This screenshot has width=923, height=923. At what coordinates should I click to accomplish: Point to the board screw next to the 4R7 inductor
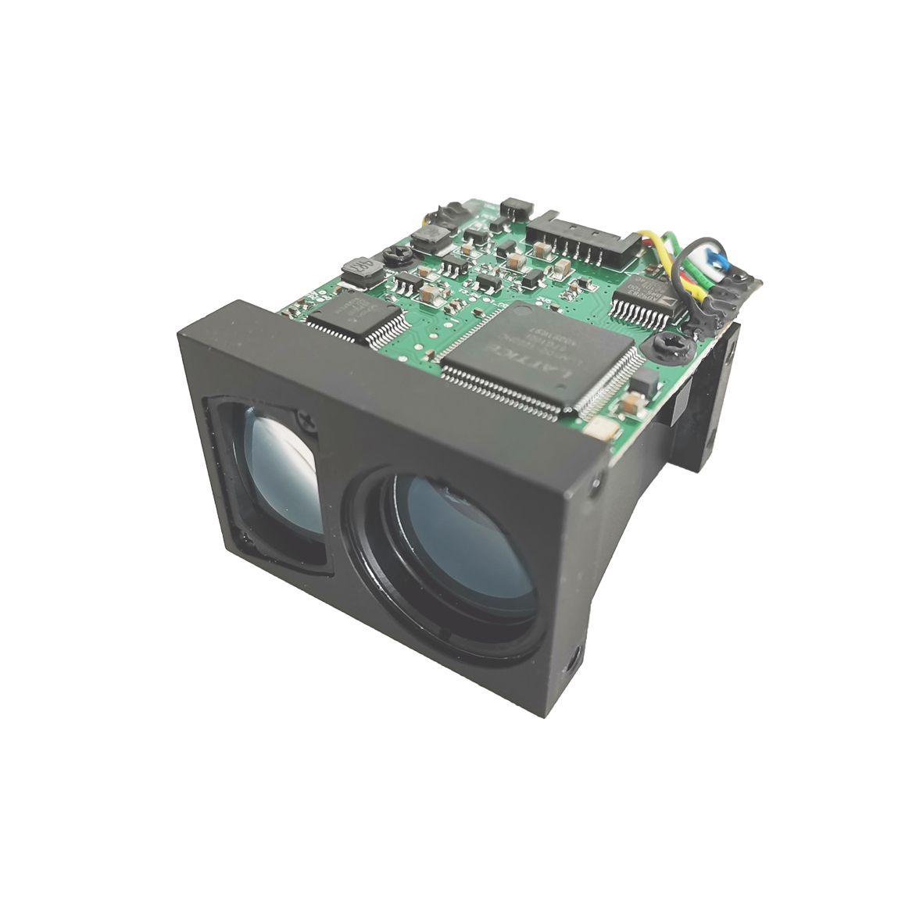pos(397,254)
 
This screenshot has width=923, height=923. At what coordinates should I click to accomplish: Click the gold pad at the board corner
pos(600,428)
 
